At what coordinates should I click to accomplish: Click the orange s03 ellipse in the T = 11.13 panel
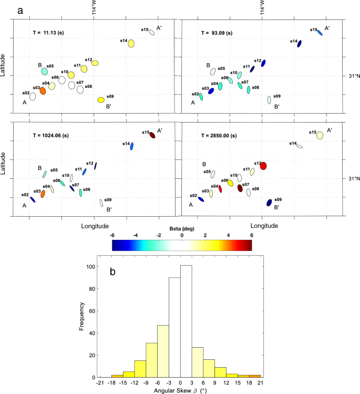(43, 90)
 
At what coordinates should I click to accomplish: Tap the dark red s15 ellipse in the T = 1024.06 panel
(152, 135)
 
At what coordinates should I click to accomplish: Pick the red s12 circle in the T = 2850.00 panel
(264, 166)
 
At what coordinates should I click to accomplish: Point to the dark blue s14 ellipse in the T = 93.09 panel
(299, 44)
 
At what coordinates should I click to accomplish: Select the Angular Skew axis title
(180, 390)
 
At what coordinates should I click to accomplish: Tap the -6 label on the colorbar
(112, 236)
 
